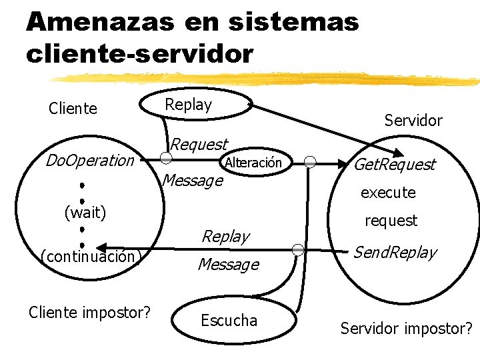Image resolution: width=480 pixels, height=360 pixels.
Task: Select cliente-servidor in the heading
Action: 140,53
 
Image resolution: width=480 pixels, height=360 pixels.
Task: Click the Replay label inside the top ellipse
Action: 188,105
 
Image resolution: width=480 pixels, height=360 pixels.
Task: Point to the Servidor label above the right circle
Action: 413,120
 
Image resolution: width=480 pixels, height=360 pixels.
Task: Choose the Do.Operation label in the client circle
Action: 89,160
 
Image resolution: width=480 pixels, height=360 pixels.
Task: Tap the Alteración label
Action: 253,163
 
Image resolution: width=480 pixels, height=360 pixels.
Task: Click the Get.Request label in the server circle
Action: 394,164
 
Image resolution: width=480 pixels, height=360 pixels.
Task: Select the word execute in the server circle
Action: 388,193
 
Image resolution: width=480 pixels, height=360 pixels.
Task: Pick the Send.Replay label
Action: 395,252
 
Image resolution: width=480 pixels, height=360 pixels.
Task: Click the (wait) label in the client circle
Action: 85,213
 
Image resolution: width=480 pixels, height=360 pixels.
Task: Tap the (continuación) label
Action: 89,256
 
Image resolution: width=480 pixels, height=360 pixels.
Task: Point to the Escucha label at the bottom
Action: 229,320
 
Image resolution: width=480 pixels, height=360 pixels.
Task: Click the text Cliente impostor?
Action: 89,311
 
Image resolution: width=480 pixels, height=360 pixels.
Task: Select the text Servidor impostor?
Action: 406,328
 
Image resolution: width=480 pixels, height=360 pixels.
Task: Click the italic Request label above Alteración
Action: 199,143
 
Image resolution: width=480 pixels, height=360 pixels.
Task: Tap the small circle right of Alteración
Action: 310,161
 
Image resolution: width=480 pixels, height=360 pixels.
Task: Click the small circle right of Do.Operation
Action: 167,159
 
